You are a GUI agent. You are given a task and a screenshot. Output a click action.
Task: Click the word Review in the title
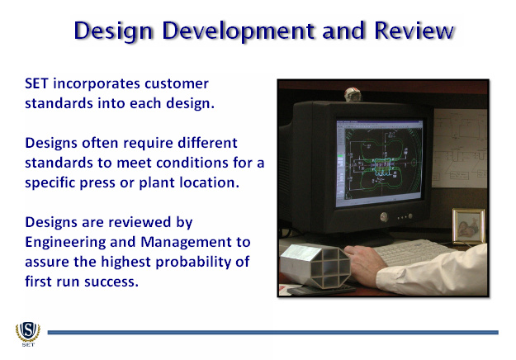pyautogui.click(x=414, y=31)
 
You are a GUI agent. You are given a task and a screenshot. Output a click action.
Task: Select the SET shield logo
pyautogui.click(x=28, y=334)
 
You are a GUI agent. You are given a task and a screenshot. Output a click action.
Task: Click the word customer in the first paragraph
pyautogui.click(x=177, y=84)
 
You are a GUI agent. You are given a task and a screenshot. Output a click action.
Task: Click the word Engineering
pyautogui.click(x=65, y=243)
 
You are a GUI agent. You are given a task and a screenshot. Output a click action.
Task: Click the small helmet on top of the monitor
pyautogui.click(x=353, y=94)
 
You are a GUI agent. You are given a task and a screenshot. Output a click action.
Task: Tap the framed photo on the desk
pyautogui.click(x=469, y=226)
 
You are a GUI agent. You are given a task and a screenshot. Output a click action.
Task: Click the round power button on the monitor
pyautogui.click(x=384, y=216)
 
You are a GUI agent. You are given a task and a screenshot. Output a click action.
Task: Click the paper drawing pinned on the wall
pyautogui.click(x=459, y=148)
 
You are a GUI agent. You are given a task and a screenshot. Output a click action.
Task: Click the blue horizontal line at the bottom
pyautogui.click(x=272, y=333)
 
